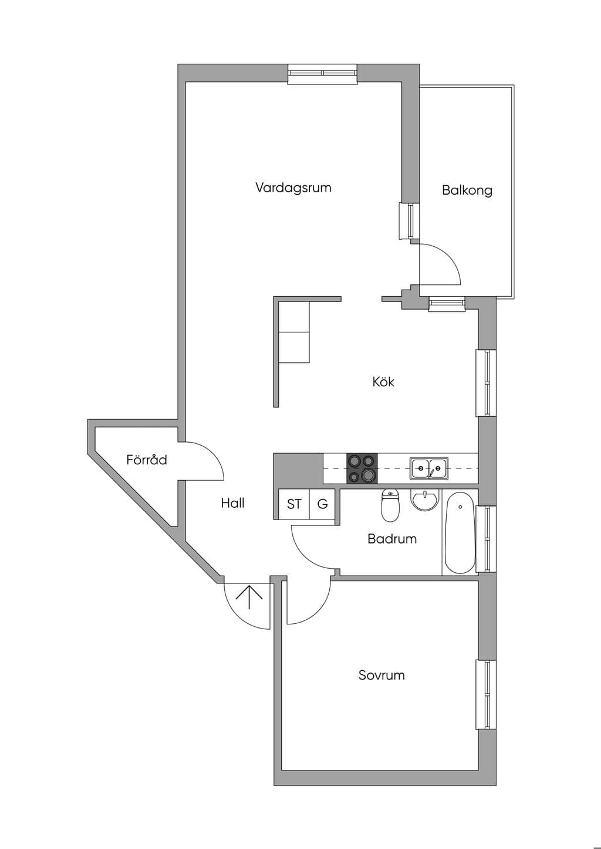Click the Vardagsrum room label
[x=293, y=188]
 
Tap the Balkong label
[x=467, y=190]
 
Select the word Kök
[x=383, y=381]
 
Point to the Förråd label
[x=147, y=459]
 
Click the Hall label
[x=232, y=503]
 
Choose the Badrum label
[x=392, y=539]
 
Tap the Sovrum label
[x=381, y=675]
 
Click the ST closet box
[x=294, y=504]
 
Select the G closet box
[x=322, y=504]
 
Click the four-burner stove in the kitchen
[x=362, y=468]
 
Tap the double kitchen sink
[x=429, y=468]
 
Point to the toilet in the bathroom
[x=390, y=504]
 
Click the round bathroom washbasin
[x=424, y=500]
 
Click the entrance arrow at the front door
[x=249, y=597]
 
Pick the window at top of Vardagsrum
[x=322, y=74]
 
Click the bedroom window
[x=486, y=695]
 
